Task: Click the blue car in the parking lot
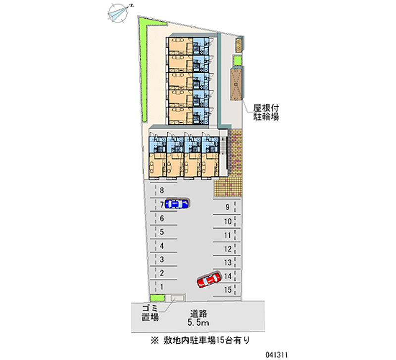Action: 177,203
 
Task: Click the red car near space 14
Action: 208,280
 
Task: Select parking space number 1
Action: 161,286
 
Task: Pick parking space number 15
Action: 228,290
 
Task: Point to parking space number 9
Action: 228,207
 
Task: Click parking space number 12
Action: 228,249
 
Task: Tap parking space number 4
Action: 161,245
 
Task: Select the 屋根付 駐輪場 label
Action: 266,112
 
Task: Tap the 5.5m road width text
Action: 200,323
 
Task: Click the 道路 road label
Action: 200,313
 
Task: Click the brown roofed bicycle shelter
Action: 236,85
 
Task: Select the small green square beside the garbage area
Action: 158,298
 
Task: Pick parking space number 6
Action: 161,217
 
